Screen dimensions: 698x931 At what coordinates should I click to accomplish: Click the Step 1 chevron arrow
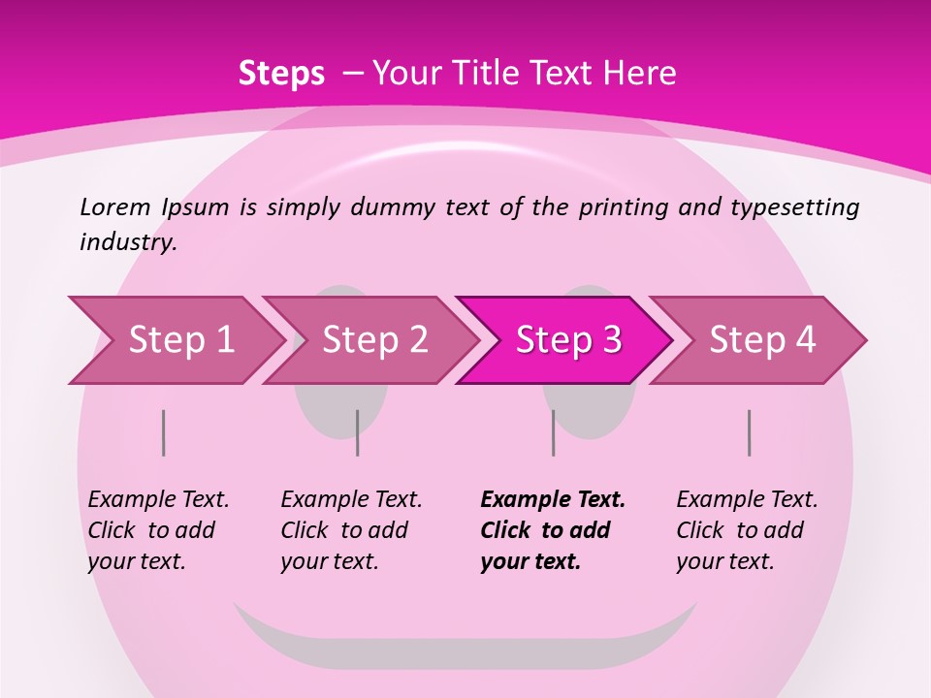point(179,340)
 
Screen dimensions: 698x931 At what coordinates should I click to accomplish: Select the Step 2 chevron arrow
point(373,340)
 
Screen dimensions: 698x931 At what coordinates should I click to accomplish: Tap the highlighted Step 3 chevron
point(567,340)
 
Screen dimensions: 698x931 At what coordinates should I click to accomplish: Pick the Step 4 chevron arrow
point(761,340)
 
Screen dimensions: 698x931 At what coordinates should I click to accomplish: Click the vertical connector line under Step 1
point(164,432)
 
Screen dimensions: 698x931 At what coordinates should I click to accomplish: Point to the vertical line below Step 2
point(358,432)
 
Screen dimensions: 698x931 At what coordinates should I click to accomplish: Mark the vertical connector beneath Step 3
point(554,432)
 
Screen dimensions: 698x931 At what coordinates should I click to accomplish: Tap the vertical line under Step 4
point(750,432)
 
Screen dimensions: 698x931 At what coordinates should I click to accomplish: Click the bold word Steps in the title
point(281,74)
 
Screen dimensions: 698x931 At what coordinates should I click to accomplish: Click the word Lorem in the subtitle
point(114,207)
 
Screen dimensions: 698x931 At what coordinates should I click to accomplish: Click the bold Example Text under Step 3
point(553,500)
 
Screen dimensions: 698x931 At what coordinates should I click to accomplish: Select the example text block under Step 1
point(158,530)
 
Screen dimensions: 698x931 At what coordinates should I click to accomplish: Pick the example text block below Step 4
point(747,530)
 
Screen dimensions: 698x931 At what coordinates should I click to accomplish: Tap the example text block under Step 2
point(351,530)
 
